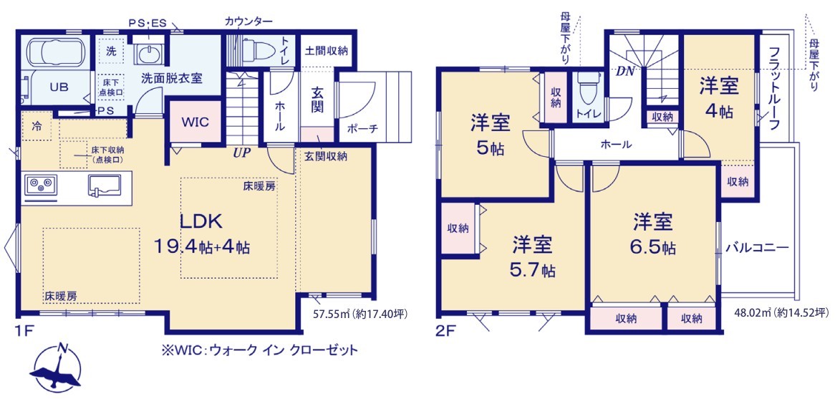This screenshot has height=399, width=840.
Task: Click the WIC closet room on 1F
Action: (195, 122)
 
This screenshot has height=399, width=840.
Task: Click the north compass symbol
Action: (56, 367)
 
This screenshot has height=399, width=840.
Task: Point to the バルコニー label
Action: (758, 248)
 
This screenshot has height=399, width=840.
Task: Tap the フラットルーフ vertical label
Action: (775, 87)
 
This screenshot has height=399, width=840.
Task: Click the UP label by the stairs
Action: (242, 153)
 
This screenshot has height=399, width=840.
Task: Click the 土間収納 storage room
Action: (327, 51)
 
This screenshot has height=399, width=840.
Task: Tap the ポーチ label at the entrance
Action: (362, 128)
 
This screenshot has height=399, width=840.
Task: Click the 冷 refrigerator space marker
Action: (37, 126)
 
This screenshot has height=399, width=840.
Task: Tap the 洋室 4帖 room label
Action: (718, 98)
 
